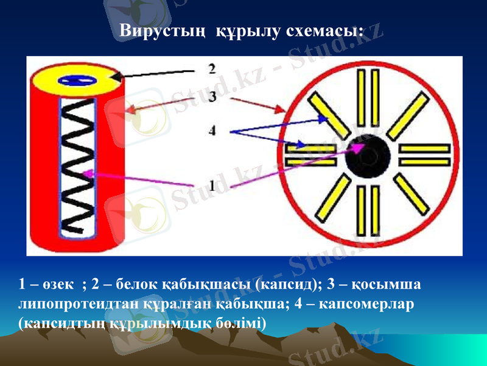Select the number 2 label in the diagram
pyautogui.click(x=212, y=68)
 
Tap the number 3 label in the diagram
pyautogui.click(x=212, y=97)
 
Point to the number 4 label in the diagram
pyautogui.click(x=212, y=131)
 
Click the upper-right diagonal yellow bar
pyautogui.click(x=406, y=115)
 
